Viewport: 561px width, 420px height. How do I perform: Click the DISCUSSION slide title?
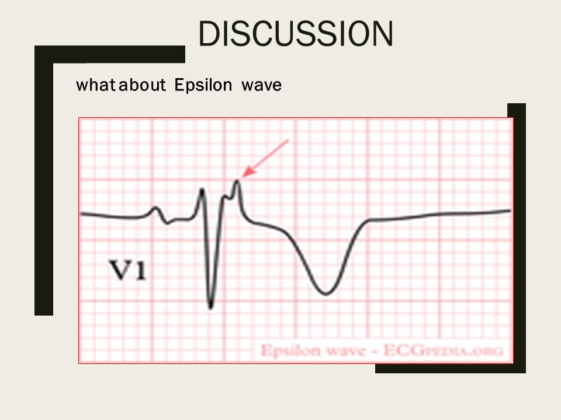tap(296, 33)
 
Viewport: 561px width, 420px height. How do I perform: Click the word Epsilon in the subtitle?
tap(203, 85)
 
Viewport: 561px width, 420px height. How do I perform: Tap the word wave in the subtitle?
tap(262, 86)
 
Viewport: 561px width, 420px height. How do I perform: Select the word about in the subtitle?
tap(142, 85)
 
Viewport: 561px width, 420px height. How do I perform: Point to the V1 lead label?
tap(128, 269)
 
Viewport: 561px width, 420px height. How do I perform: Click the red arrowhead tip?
tap(242, 176)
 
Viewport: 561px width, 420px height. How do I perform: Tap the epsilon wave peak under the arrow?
tap(237, 181)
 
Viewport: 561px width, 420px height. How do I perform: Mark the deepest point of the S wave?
tap(210, 307)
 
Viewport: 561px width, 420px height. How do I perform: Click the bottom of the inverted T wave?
tap(325, 294)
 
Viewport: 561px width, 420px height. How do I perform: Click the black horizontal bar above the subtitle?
tap(110, 54)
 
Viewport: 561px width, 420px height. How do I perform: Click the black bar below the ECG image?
tap(451, 369)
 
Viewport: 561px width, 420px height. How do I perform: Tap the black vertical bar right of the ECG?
tap(520, 238)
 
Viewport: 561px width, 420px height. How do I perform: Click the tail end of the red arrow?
tap(288, 140)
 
